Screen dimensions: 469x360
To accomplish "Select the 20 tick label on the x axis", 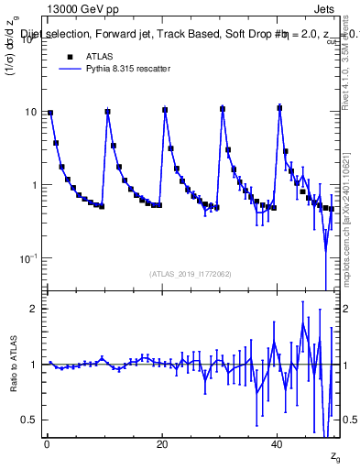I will [x=162, y=445].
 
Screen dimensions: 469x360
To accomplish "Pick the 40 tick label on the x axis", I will [x=278, y=445].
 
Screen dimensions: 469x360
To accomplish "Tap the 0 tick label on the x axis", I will [x=47, y=445].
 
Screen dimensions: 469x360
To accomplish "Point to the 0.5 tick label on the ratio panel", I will [x=30, y=420].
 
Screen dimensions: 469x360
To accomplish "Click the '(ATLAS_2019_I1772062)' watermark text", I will [x=191, y=273].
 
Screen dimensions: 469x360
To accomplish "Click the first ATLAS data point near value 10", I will [x=50, y=113].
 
